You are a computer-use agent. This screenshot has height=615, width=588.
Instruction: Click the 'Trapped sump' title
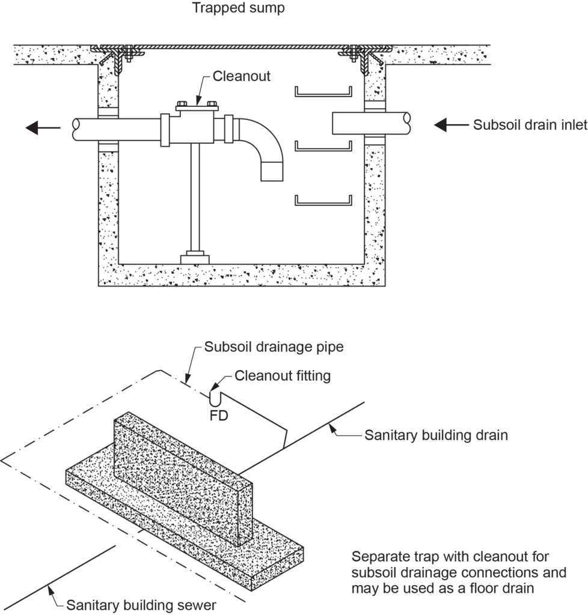coord(230,8)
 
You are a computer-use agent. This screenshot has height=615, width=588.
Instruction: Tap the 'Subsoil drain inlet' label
coord(521,125)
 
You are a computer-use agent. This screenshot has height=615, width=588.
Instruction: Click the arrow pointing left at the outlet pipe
coord(43,127)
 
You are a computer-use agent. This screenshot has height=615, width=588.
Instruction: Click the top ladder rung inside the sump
coord(323,92)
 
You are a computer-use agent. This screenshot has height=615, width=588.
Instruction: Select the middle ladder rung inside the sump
coord(323,146)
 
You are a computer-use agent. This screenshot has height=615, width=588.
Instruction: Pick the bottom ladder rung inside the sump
coord(323,201)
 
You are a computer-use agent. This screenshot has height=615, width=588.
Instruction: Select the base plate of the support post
coord(195,258)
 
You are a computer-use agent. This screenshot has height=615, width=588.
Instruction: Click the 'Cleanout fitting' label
coord(283,376)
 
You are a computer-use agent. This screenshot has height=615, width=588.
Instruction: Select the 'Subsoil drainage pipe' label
coord(274,347)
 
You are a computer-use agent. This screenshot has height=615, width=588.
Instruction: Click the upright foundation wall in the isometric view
coord(180,474)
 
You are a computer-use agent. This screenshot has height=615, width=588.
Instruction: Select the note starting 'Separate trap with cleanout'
coord(459,572)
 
